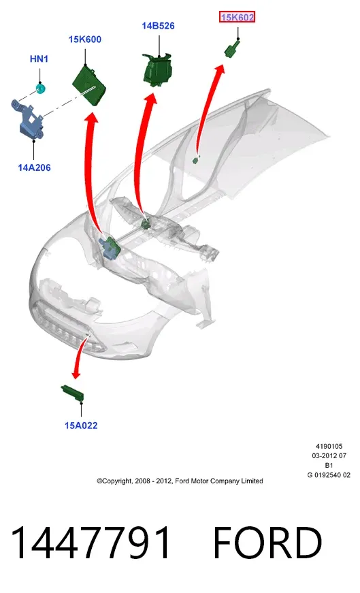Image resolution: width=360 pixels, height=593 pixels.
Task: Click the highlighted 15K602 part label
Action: (237, 17)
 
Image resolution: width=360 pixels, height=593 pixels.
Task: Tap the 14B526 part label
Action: (158, 26)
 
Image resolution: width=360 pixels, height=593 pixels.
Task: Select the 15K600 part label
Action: (84, 39)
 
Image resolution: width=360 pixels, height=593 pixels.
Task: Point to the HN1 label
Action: (39, 59)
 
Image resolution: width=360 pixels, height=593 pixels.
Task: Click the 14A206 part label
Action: (34, 167)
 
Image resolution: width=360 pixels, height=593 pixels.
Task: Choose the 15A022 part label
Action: (81, 426)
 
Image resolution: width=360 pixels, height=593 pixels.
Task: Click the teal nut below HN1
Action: (40, 89)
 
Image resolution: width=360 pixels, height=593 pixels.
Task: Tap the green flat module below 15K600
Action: (89, 84)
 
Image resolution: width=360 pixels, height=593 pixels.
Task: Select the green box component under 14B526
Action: (158, 69)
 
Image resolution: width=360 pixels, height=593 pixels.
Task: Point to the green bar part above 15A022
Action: (72, 392)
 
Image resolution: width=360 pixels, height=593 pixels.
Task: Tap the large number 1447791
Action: (91, 543)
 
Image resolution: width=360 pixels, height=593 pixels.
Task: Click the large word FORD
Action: (267, 543)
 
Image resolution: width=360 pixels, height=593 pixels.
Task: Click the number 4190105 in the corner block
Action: (329, 446)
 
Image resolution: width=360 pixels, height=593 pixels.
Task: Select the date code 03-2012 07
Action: (329, 455)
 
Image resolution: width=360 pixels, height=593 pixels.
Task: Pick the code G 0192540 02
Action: (329, 475)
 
